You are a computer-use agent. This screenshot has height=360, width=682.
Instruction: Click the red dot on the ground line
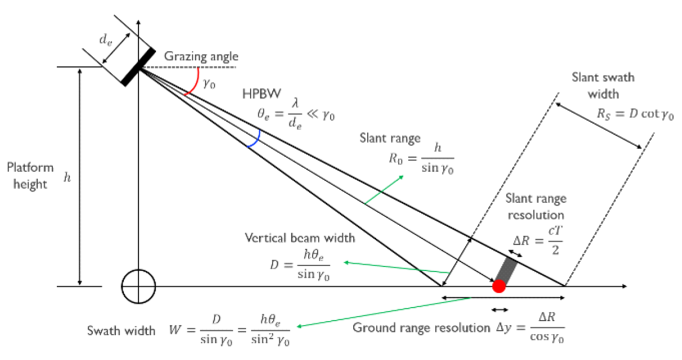[x=498, y=286]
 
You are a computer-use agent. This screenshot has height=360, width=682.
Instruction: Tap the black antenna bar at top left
[x=137, y=67]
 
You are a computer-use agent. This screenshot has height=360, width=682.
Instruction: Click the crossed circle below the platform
[x=138, y=286]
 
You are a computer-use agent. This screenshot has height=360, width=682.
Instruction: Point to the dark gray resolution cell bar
[x=505, y=270]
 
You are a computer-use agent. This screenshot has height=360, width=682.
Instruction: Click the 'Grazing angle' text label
[x=201, y=56]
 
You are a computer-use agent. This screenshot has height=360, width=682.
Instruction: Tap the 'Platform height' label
[x=30, y=176]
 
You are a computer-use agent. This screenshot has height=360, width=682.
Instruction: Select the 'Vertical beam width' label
[x=300, y=238]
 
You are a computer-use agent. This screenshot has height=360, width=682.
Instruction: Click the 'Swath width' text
[x=121, y=331]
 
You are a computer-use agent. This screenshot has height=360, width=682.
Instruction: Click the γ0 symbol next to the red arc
[x=209, y=85]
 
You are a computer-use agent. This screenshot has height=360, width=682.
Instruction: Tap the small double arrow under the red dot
[x=500, y=309]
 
